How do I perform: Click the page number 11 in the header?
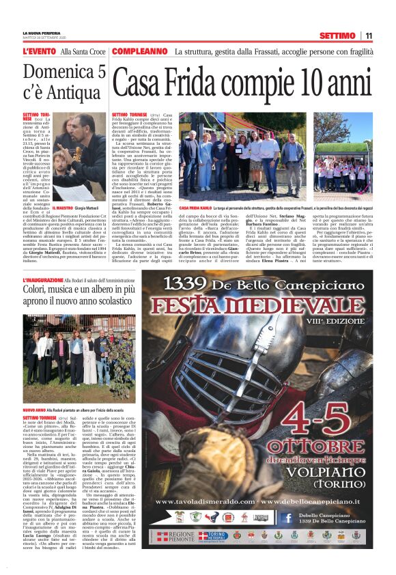(x=369, y=36)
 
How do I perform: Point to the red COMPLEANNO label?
(x=140, y=52)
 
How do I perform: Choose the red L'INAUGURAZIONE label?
(x=52, y=281)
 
